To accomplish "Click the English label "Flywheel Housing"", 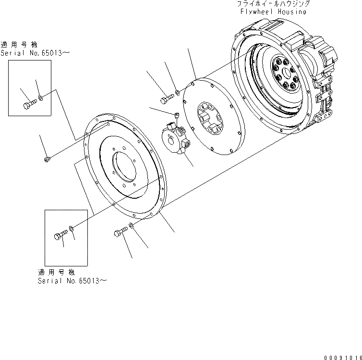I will point(271,11).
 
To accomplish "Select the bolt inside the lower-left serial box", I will point(59,236).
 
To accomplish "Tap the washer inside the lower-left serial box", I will point(71,229).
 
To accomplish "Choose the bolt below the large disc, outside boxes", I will point(120,234).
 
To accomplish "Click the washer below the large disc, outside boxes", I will point(131,226).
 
